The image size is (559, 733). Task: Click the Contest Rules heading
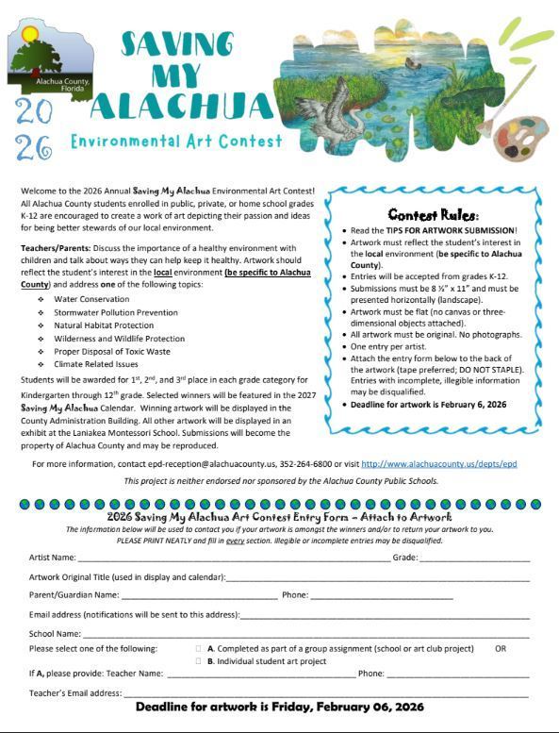(433, 215)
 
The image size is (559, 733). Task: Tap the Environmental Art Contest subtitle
(176, 142)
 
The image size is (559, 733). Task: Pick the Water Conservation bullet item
(91, 299)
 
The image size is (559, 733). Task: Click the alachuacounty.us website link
(438, 464)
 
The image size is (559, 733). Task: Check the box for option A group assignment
(198, 649)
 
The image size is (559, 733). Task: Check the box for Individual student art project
(198, 661)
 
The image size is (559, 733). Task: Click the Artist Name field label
(53, 558)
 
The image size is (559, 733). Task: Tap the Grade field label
(404, 558)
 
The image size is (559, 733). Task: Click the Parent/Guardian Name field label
(74, 595)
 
